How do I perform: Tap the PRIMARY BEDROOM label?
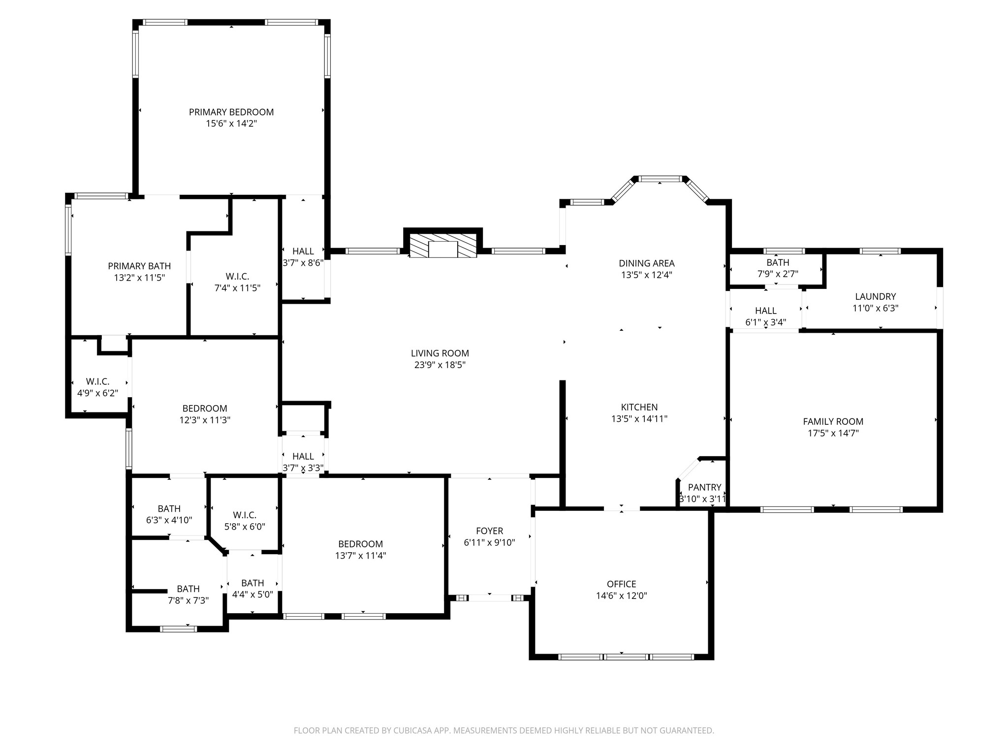pyautogui.click(x=231, y=112)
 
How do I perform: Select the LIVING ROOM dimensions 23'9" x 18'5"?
pyautogui.click(x=440, y=365)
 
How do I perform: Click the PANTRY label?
pyautogui.click(x=704, y=487)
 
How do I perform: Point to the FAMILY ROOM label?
pyautogui.click(x=833, y=421)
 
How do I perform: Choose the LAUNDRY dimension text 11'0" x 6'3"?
pyautogui.click(x=876, y=309)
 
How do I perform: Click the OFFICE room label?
pyautogui.click(x=622, y=584)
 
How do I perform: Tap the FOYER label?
pyautogui.click(x=490, y=531)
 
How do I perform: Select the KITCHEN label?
pyautogui.click(x=639, y=407)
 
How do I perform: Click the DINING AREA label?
pyautogui.click(x=647, y=263)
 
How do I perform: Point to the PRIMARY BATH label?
pyautogui.click(x=139, y=266)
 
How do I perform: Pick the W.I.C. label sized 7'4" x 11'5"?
pyautogui.click(x=238, y=277)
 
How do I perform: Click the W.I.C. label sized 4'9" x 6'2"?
pyautogui.click(x=97, y=381)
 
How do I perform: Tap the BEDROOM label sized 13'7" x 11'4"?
pyautogui.click(x=361, y=544)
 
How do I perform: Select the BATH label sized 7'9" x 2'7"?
pyautogui.click(x=778, y=263)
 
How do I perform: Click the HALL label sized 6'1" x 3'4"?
pyautogui.click(x=766, y=311)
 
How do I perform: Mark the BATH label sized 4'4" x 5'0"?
pyautogui.click(x=252, y=583)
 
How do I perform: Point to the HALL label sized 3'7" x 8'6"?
pyautogui.click(x=303, y=252)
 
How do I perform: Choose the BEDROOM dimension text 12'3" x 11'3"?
pyautogui.click(x=205, y=420)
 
